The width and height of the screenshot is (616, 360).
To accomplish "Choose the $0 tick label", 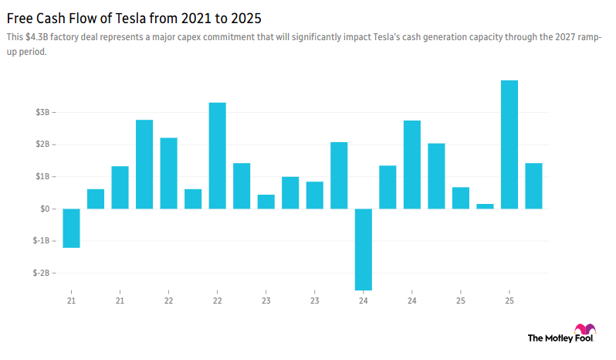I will tap(45, 209).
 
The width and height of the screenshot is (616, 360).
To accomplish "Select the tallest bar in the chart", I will tap(509, 144).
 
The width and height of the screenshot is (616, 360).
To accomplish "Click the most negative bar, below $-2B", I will tap(364, 249).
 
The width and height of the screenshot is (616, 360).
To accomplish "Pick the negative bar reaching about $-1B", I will tap(71, 228).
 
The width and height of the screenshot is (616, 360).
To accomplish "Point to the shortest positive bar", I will tap(485, 206).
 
